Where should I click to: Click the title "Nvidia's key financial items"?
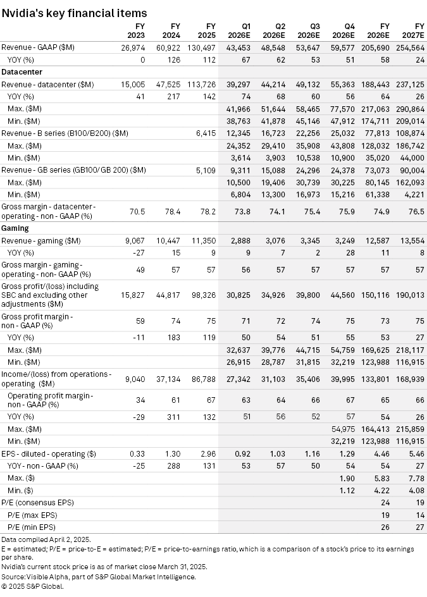(x=75, y=13)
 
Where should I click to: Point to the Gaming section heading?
(x=15, y=227)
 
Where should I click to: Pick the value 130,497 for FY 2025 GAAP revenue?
(x=201, y=48)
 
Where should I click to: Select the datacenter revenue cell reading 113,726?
(x=201, y=84)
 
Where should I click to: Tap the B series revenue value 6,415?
(x=206, y=133)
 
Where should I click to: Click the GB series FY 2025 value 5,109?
(x=206, y=169)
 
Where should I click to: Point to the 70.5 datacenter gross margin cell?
(x=137, y=211)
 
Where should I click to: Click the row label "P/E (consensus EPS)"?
(x=37, y=502)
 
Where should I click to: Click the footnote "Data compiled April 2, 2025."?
(x=46, y=539)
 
